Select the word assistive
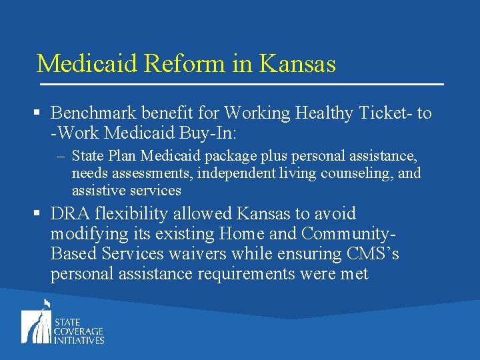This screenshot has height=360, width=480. (x=97, y=191)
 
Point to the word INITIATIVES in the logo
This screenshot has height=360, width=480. (x=79, y=340)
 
